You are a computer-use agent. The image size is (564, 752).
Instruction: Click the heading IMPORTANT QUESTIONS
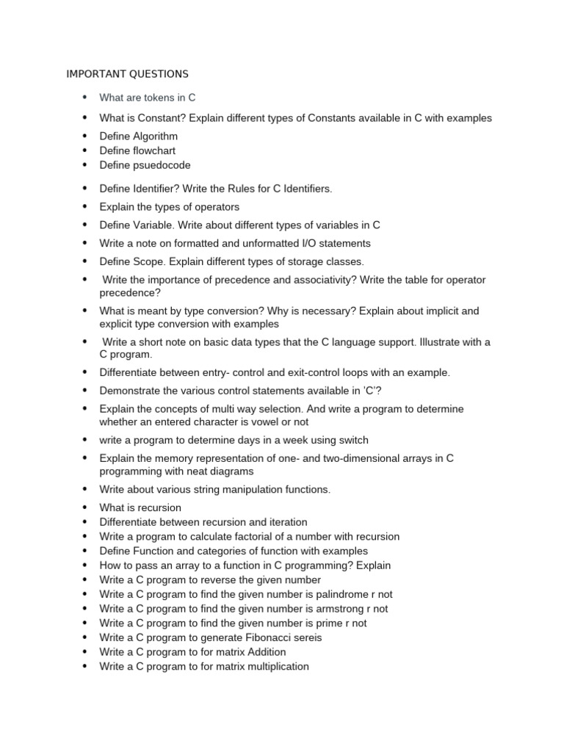coord(127,74)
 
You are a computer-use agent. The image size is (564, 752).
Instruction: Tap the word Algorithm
coord(155,137)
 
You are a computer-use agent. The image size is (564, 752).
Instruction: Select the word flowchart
coord(154,151)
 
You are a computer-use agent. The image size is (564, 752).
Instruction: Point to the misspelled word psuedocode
coord(162,165)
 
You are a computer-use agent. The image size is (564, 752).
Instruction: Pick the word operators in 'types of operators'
coord(216,207)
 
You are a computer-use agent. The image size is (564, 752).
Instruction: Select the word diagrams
coord(231,471)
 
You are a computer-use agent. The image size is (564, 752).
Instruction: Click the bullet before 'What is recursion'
coord(84,507)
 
